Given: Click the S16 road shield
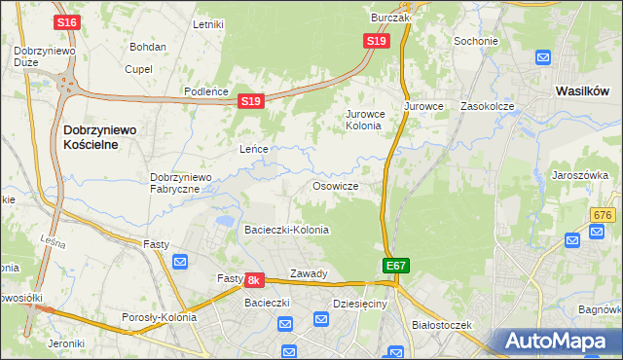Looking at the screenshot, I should tap(66, 21).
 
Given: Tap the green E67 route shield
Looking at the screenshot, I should tap(395, 265).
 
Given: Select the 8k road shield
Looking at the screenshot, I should tap(254, 280).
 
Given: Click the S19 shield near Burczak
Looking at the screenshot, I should tap(378, 41).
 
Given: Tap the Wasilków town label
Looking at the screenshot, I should tap(582, 90).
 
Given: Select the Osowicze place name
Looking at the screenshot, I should tap(336, 186).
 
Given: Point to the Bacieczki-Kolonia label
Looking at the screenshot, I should tap(286, 230).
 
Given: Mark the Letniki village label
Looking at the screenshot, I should tap(209, 24).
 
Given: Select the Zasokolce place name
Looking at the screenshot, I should tap(487, 106).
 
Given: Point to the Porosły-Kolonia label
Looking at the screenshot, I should tap(160, 317).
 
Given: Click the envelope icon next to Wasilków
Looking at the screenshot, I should tap(543, 58).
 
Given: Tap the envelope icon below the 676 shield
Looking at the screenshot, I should tap(597, 232).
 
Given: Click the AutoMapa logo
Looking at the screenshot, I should tap(559, 341).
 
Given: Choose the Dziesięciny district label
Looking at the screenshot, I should tap(360, 304).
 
